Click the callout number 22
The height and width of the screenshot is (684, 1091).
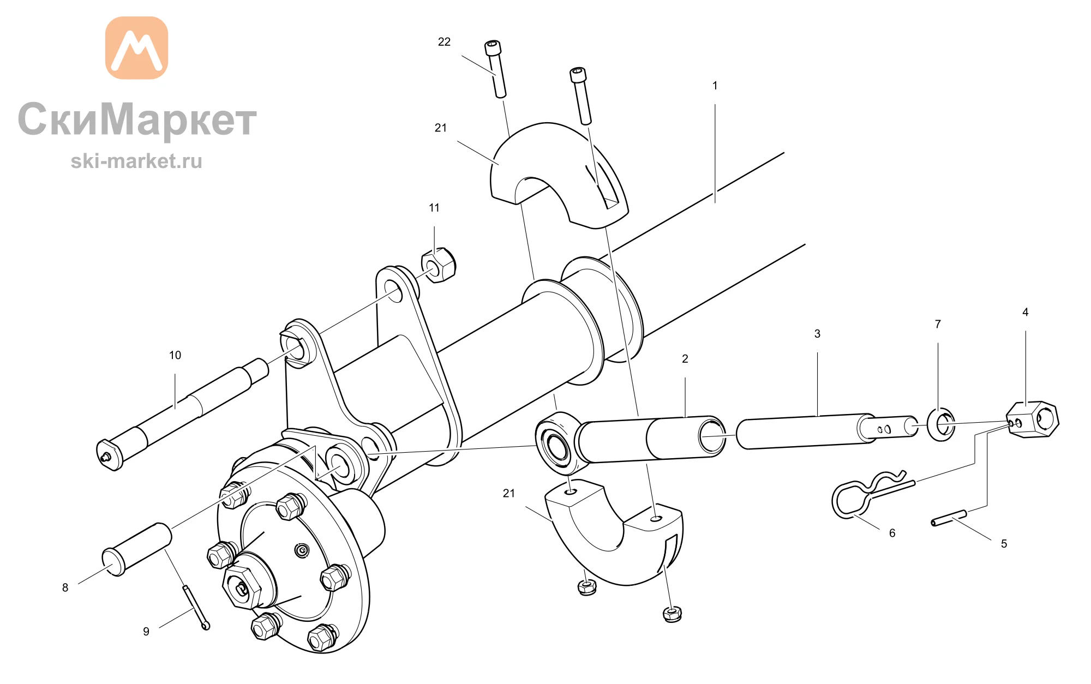[x=444, y=42]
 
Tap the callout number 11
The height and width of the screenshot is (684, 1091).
[x=434, y=208]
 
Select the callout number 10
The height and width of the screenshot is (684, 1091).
[x=175, y=356]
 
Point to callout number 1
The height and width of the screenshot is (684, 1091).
[x=715, y=86]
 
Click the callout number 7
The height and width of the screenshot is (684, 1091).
[x=938, y=324]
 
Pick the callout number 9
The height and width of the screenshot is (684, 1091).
[x=146, y=632]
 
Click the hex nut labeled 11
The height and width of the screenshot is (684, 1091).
[x=439, y=265]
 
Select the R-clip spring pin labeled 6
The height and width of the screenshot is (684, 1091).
[x=871, y=493]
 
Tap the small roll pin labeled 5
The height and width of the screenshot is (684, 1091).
[x=949, y=518]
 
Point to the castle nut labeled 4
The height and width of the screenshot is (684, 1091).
[x=1033, y=419]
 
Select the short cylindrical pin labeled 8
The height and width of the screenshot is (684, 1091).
[x=137, y=549]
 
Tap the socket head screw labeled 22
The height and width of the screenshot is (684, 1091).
[x=495, y=69]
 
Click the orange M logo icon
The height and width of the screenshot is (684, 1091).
[x=136, y=48]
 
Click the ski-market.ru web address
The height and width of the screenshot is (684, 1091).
[x=136, y=161]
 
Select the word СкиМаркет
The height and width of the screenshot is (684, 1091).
[x=137, y=119]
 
